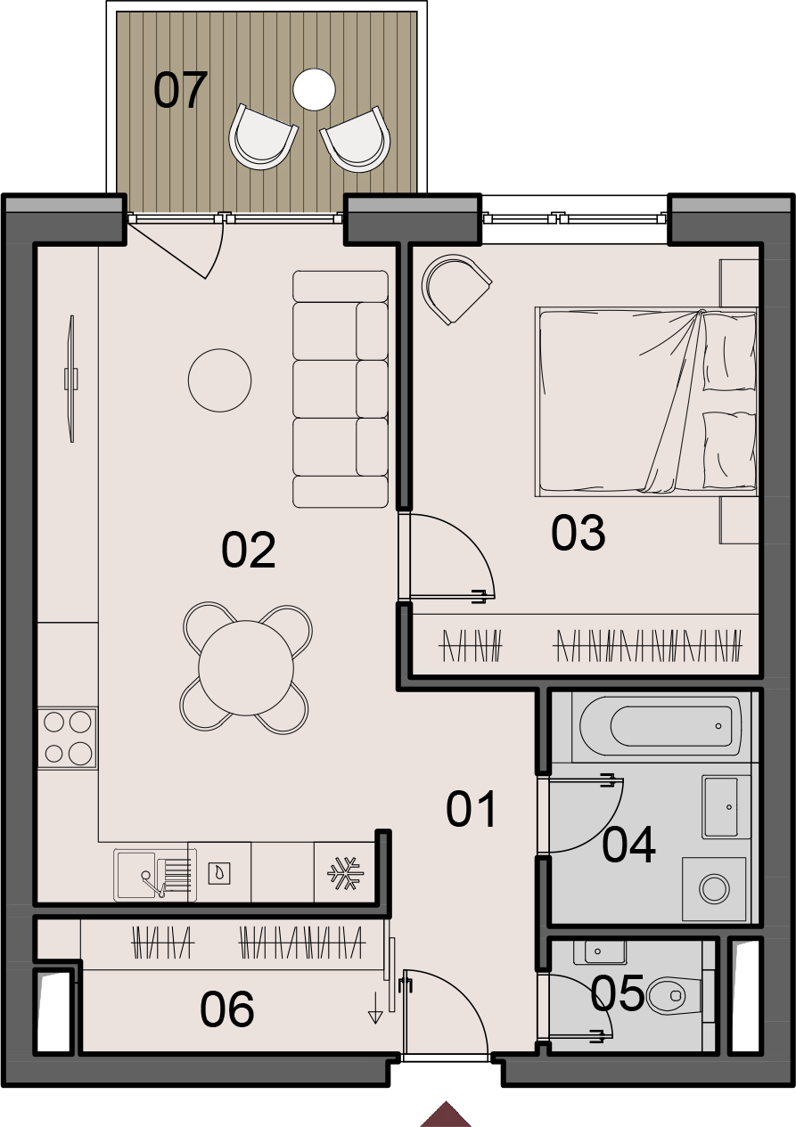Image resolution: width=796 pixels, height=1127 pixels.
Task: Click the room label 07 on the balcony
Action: pyautogui.click(x=180, y=90)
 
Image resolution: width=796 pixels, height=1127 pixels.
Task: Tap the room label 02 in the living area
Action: pyautogui.click(x=248, y=550)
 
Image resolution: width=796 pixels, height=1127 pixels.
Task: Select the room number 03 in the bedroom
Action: pyautogui.click(x=578, y=533)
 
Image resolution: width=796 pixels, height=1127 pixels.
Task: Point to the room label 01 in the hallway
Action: pyautogui.click(x=472, y=809)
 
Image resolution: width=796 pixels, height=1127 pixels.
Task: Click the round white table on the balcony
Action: pyautogui.click(x=314, y=90)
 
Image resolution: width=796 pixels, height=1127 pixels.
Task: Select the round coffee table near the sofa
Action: pyautogui.click(x=219, y=380)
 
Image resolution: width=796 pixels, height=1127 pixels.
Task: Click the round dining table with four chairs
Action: pyautogui.click(x=246, y=667)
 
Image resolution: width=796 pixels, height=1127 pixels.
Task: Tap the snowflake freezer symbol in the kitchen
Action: pyautogui.click(x=345, y=873)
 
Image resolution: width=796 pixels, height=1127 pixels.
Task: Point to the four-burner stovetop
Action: pyautogui.click(x=68, y=738)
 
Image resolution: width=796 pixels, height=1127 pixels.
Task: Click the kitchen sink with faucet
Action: pyautogui.click(x=153, y=875)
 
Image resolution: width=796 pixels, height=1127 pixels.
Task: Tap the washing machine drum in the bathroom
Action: pyautogui.click(x=714, y=889)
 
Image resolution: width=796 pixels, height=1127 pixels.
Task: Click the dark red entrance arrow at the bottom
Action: pyautogui.click(x=446, y=1114)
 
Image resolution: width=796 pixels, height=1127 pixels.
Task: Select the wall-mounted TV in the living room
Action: pyautogui.click(x=71, y=379)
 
